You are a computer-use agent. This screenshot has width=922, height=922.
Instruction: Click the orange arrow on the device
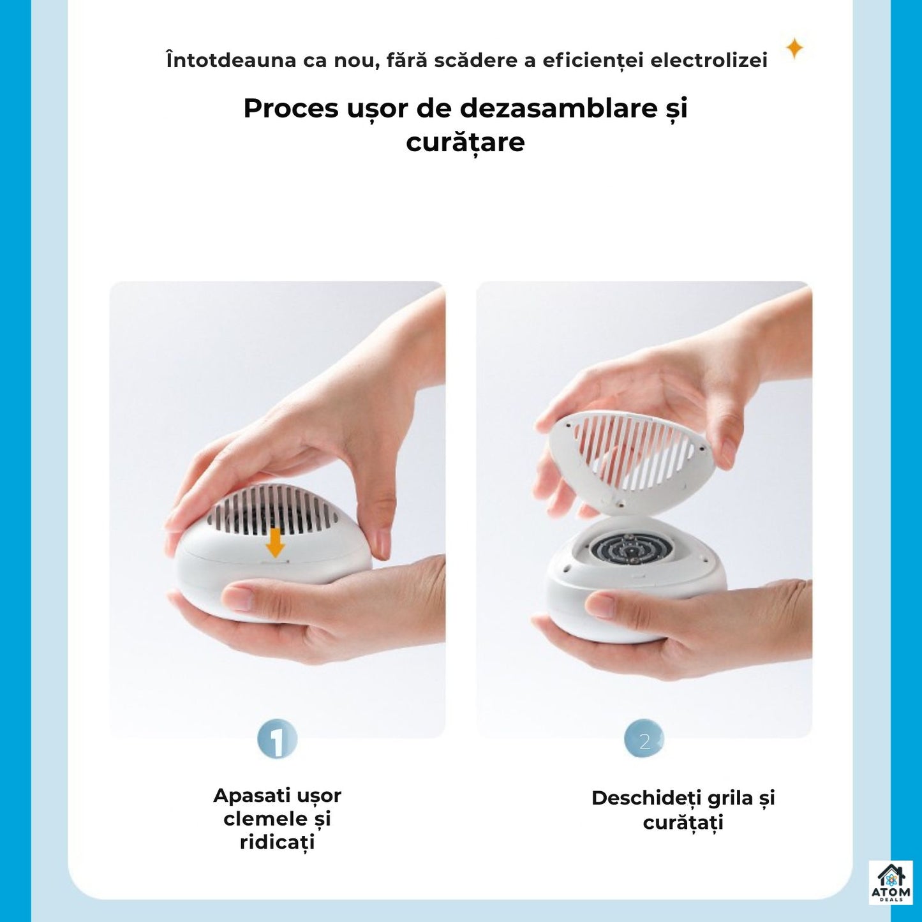pyautogui.click(x=275, y=542)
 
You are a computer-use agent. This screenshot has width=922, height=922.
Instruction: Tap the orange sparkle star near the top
pyautogui.click(x=794, y=48)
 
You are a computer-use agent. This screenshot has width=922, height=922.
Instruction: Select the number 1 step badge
pyautogui.click(x=277, y=740)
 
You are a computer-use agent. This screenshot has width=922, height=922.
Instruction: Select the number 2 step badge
pyautogui.click(x=644, y=740)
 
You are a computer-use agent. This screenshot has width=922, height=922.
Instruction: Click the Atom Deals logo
pyautogui.click(x=891, y=882)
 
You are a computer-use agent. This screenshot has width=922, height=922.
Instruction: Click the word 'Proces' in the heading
pyautogui.click(x=290, y=108)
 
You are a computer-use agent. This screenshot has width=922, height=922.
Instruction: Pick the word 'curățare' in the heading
pyautogui.click(x=465, y=142)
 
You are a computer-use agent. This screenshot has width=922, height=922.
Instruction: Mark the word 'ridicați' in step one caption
pyautogui.click(x=277, y=842)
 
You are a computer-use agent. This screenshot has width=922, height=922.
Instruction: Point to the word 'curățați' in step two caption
pyautogui.click(x=683, y=822)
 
